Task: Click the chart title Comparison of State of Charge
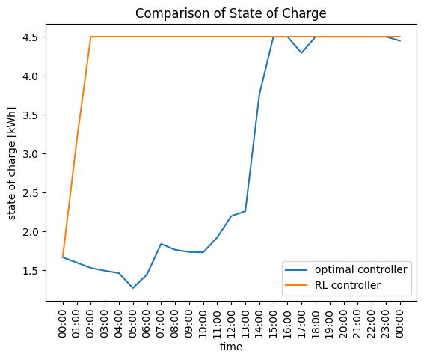coord(230,13)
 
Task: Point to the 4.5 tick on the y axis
coord(30,37)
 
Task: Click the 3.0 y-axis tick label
coord(30,153)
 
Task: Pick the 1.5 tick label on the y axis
coord(30,271)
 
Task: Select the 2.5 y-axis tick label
coord(30,192)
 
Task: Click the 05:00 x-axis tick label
coord(132,324)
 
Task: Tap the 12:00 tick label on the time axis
coord(230,324)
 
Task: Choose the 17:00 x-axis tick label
coord(301,324)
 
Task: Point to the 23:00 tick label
coord(385,324)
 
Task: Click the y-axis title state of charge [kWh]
coord(11,163)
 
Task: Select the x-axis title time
coord(231,347)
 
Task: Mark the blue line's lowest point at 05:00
coord(133,288)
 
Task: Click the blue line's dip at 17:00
coord(301,53)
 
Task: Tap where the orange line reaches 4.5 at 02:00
coord(91,37)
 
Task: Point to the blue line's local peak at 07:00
coord(161,244)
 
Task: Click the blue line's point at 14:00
coord(259,94)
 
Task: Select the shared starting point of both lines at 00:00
coord(63,257)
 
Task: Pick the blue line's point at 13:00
coord(245,211)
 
